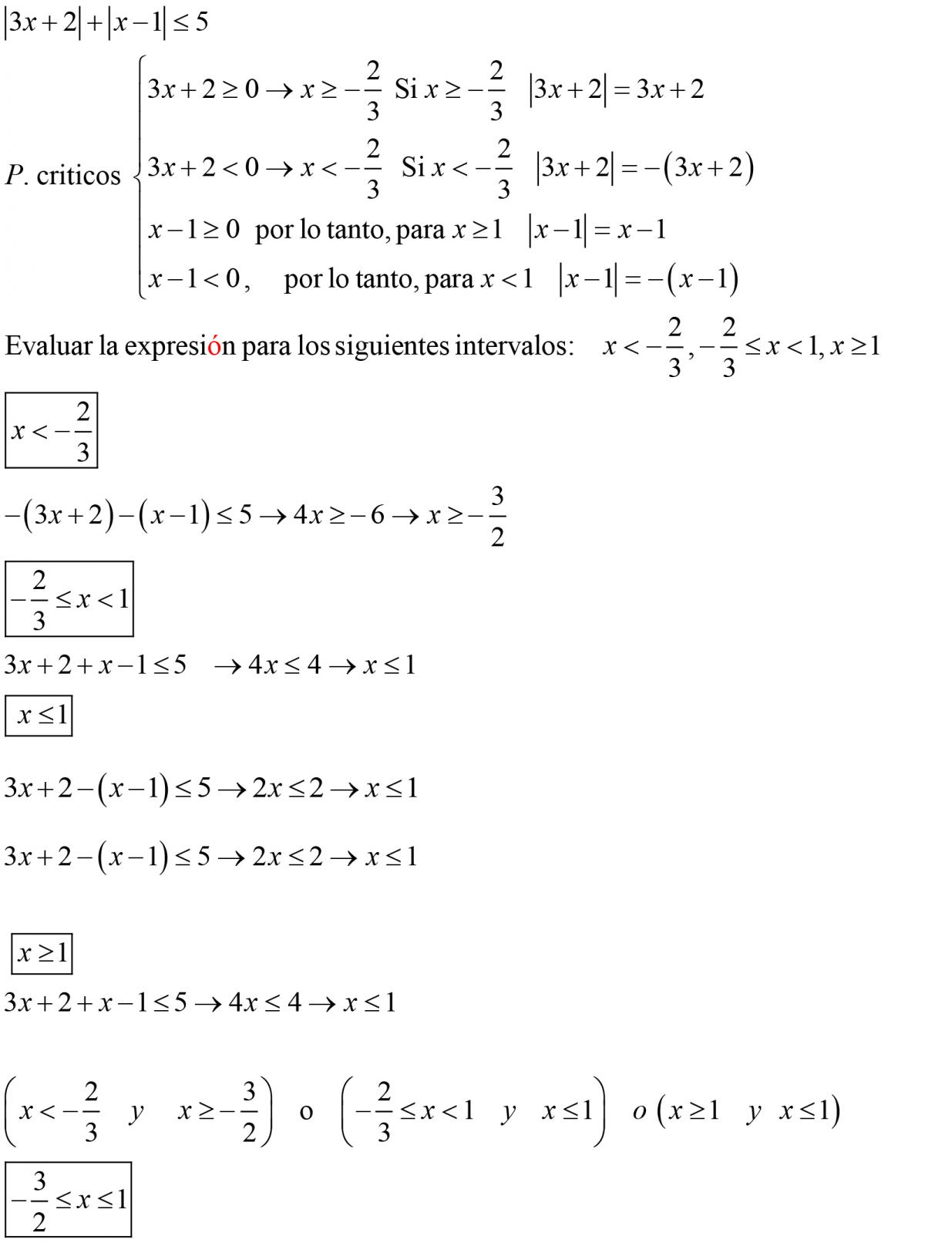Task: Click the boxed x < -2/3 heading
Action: (51, 430)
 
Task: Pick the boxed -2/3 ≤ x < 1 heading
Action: (69, 599)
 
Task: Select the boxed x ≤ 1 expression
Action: (39, 716)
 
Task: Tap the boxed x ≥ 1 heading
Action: (42, 955)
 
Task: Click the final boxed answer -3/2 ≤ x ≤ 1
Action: (68, 1200)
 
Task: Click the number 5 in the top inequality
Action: (201, 22)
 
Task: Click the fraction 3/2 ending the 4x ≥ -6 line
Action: (497, 515)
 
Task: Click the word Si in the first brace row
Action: (405, 89)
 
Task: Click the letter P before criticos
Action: (14, 177)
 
